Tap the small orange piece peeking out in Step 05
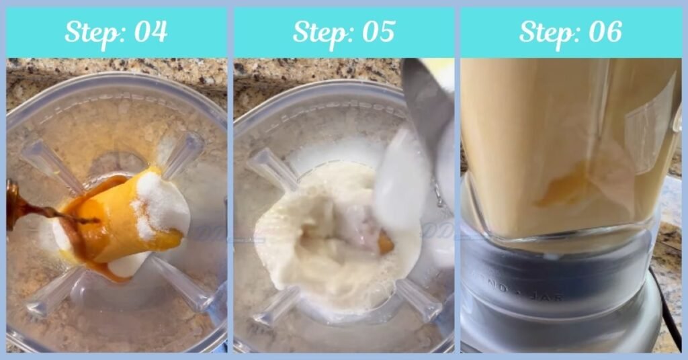pos(385,242)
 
